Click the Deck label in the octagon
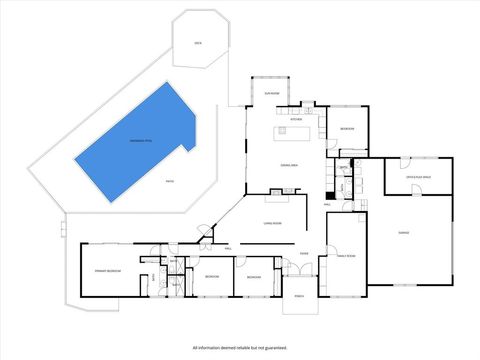tap(198, 43)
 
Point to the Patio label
tap(169, 181)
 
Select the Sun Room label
tap(270, 93)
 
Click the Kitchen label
tap(296, 119)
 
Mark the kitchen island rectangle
tap(294, 131)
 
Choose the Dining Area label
tap(289, 164)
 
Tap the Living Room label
tap(272, 224)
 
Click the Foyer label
tap(303, 253)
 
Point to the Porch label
tap(299, 297)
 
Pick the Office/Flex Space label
tap(418, 176)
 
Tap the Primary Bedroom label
tap(108, 271)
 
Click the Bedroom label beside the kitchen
tap(347, 130)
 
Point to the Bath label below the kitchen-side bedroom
tap(343, 167)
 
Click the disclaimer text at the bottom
tap(240, 346)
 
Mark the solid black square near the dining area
tap(329, 194)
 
